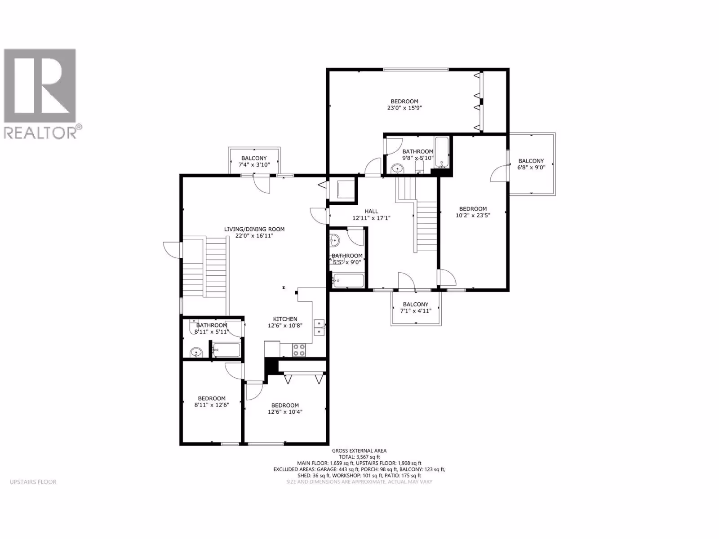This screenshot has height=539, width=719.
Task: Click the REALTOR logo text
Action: [43, 132]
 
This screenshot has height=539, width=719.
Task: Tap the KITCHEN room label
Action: [285, 319]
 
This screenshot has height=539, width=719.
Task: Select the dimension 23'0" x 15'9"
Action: [404, 108]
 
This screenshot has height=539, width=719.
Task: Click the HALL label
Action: [371, 212]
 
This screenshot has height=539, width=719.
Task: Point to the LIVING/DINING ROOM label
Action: [254, 229]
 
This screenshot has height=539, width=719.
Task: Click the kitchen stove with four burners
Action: [299, 349]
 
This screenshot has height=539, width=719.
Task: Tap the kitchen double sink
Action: [319, 327]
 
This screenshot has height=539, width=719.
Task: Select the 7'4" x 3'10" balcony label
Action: [254, 164]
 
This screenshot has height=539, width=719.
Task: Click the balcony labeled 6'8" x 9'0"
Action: [531, 164]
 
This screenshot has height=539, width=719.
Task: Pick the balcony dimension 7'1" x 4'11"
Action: [416, 310]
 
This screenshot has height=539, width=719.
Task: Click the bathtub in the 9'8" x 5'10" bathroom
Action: [442, 153]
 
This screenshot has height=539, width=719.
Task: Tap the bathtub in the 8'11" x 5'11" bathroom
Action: [226, 350]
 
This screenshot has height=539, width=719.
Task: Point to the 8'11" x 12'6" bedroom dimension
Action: [212, 405]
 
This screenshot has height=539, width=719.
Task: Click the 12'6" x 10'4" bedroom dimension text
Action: [285, 412]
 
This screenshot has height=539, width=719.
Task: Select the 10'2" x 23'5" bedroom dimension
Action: [473, 215]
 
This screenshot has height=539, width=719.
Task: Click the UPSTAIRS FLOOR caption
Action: [33, 482]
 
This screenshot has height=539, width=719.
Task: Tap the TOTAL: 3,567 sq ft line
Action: [359, 457]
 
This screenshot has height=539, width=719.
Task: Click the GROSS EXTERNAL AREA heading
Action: [359, 451]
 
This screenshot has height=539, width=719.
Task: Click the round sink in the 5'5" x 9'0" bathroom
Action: [334, 241]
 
